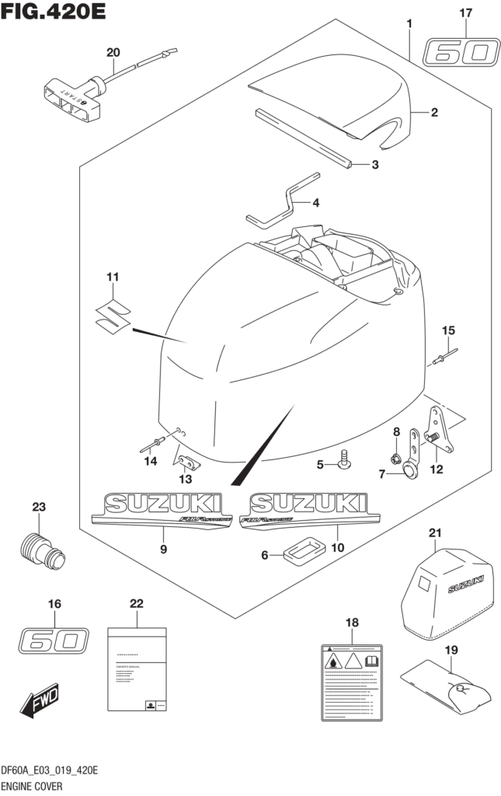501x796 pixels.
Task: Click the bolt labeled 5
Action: tap(343, 462)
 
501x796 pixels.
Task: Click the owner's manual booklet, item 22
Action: tap(137, 668)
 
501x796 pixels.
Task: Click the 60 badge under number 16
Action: tap(53, 641)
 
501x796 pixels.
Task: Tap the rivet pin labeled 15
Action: tap(445, 355)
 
